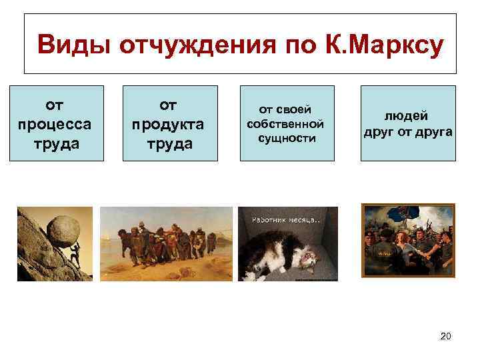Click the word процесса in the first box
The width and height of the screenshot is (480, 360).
pyautogui.click(x=57, y=125)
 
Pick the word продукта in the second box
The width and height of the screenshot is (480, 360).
pyautogui.click(x=170, y=125)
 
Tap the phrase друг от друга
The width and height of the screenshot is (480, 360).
pyautogui.click(x=408, y=131)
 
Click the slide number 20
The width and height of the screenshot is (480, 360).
pyautogui.click(x=446, y=336)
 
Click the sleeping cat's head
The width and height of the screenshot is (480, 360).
pyautogui.click(x=308, y=257)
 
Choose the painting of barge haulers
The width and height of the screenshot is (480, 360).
pyautogui.click(x=166, y=243)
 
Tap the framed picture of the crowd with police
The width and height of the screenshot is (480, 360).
pyautogui.click(x=408, y=240)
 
